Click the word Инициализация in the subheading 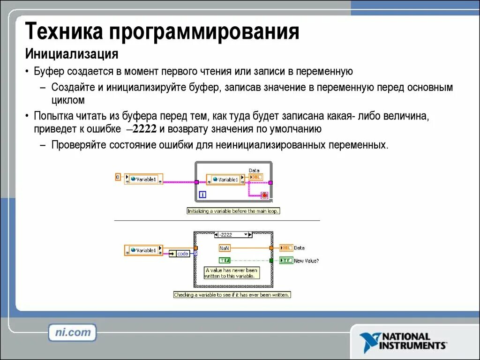pyautogui.click(x=71, y=54)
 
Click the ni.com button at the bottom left pyautogui.click(x=72, y=332)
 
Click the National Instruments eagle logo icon pyautogui.click(x=370, y=341)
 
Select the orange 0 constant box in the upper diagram pyautogui.click(x=118, y=177)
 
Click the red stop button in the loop pyautogui.click(x=264, y=195)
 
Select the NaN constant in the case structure pyautogui.click(x=224, y=248)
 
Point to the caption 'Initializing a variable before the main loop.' pyautogui.click(x=233, y=211)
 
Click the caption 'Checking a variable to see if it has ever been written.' pyautogui.click(x=232, y=295)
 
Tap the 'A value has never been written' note pyautogui.click(x=231, y=273)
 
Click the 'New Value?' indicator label pyautogui.click(x=307, y=261)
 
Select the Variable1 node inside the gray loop pyautogui.click(x=225, y=180)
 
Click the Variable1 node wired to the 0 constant pyautogui.click(x=143, y=179)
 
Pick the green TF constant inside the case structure pyautogui.click(x=225, y=260)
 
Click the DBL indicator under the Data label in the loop pyautogui.click(x=256, y=177)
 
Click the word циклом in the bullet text pyautogui.click(x=68, y=100)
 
